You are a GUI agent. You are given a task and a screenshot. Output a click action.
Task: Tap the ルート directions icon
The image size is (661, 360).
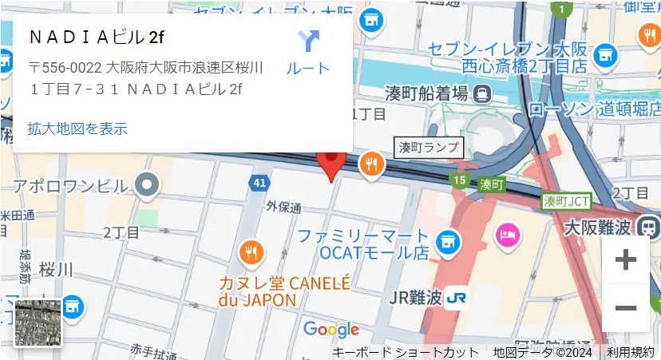(308, 42)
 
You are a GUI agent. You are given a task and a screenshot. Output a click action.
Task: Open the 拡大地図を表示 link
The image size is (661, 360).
(77, 129)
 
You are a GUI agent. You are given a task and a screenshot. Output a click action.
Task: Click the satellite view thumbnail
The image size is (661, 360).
(38, 322)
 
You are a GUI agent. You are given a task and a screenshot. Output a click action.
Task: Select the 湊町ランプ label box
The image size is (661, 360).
(429, 147)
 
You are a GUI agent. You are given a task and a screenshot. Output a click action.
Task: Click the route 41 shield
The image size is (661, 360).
(258, 184)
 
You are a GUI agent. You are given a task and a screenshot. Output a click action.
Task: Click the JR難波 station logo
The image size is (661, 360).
(457, 298)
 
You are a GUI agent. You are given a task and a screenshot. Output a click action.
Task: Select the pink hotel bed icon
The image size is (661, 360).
(507, 235)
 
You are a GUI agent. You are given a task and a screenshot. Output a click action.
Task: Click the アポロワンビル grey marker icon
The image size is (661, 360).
(148, 185)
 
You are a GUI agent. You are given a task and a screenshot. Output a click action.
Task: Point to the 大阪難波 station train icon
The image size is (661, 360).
(646, 227)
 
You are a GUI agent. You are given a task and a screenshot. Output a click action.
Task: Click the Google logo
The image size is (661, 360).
(331, 330)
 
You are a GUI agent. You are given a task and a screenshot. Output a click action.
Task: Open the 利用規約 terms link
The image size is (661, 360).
(631, 352)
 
